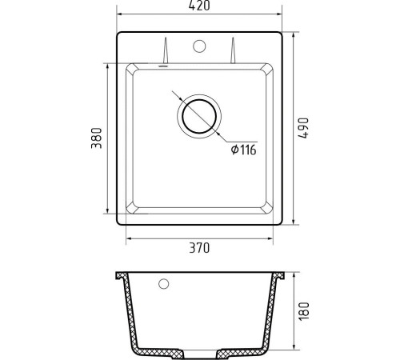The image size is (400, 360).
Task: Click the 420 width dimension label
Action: [x=199, y=6]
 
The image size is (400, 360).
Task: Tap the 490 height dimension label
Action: [x=303, y=128]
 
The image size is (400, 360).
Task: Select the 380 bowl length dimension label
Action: [x=97, y=138]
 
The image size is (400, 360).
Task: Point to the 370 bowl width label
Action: [x=199, y=248]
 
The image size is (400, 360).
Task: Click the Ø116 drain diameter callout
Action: [x=243, y=150]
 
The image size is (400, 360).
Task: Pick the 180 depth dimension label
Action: [x=304, y=311]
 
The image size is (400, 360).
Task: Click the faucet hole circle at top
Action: [x=199, y=46]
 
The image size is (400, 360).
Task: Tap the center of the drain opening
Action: [x=199, y=117]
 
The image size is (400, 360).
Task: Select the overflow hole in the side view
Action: [x=163, y=284]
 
